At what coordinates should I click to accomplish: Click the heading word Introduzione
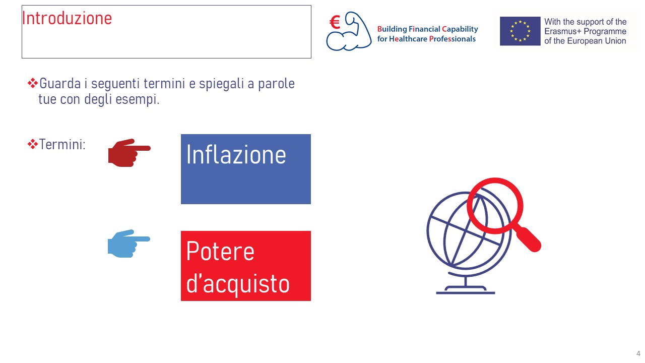pos(67,18)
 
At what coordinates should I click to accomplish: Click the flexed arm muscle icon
pos(349,32)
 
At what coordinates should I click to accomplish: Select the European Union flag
pos(520,31)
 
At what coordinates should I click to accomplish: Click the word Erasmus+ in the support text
pos(564,31)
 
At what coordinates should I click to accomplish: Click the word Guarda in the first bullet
pos(60,84)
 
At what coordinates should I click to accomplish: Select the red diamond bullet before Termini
pos(33,144)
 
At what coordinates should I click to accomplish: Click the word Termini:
pos(62,144)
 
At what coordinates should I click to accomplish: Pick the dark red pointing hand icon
pos(130,153)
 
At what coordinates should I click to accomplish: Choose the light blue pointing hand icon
pos(128,244)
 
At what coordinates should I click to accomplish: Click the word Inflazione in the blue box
pos(236,155)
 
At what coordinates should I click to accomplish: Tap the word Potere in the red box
pos(220,251)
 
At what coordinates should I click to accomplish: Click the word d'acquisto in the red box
pos(238,284)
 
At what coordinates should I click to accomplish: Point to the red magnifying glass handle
pos(529,239)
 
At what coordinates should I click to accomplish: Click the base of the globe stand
pos(466,290)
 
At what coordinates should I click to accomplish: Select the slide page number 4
pos(638,353)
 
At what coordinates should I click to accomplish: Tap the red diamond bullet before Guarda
pos(33,83)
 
